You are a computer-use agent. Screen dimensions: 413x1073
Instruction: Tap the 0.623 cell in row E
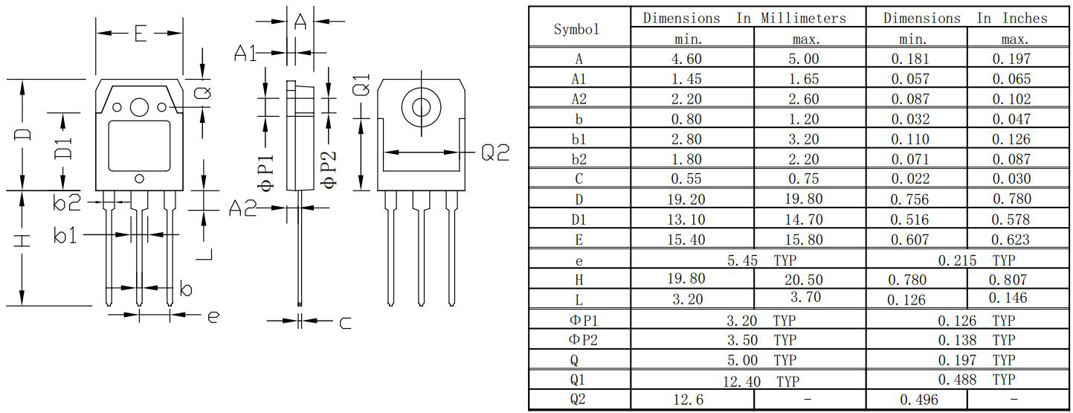tap(1010, 239)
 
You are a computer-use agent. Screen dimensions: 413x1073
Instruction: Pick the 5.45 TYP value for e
tap(748, 260)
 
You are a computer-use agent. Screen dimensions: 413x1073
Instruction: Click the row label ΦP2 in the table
tap(579, 340)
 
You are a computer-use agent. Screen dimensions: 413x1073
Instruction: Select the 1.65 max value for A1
tap(804, 79)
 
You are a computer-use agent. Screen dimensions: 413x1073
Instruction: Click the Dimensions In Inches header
tap(965, 18)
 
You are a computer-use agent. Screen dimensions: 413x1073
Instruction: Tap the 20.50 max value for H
tap(804, 280)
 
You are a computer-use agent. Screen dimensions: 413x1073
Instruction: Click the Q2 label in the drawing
tap(494, 153)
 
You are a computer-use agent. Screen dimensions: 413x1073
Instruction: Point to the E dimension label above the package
tap(140, 33)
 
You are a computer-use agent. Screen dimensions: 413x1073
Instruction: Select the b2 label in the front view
tap(67, 201)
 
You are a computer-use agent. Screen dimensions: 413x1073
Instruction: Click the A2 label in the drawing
tap(242, 209)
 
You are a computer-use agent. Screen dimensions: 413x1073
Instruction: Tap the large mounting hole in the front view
tap(139, 107)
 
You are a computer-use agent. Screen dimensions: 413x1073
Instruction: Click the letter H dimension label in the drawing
tap(24, 241)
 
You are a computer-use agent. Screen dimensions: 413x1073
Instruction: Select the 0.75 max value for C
tap(804, 179)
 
